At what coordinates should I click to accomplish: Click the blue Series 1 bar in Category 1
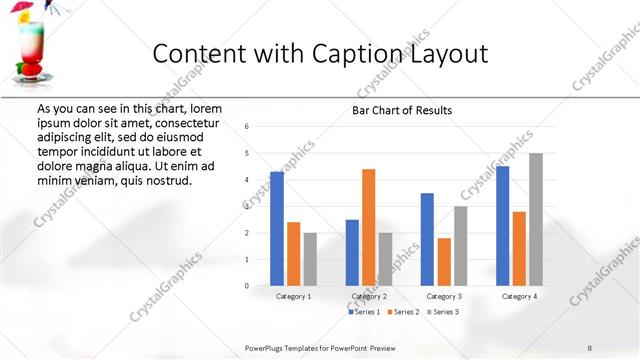(x=277, y=229)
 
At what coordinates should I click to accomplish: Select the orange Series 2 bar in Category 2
(x=368, y=227)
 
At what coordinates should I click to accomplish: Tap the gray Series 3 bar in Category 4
(x=535, y=219)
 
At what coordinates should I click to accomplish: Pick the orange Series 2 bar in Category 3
(x=444, y=262)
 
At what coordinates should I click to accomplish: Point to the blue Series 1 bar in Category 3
(x=427, y=239)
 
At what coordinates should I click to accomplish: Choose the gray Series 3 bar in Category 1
(x=309, y=259)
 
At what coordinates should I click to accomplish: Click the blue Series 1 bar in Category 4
(x=502, y=226)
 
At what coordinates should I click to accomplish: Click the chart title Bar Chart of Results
(x=402, y=110)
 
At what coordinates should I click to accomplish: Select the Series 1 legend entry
(x=364, y=312)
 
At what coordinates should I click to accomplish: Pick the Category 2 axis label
(x=368, y=297)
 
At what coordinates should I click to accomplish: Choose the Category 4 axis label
(x=518, y=297)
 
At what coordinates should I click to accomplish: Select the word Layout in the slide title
(x=445, y=54)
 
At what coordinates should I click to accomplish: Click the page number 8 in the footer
(x=590, y=346)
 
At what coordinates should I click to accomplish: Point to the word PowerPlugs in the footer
(x=268, y=346)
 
